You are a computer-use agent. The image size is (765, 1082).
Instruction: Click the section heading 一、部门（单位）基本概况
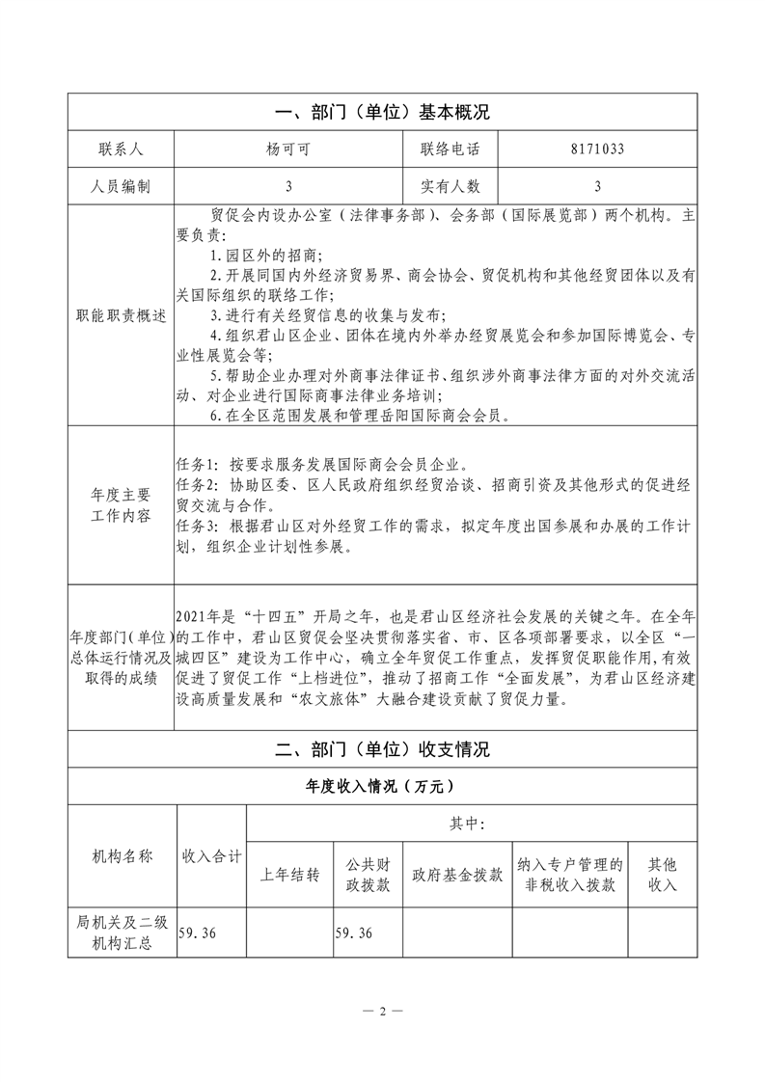tap(382, 112)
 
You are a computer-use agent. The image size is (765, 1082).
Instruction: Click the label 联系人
tap(120, 149)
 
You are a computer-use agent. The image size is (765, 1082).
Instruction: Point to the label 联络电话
tap(450, 149)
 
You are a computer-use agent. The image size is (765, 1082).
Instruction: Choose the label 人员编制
tap(120, 186)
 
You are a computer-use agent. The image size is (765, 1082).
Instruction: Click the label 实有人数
tap(450, 186)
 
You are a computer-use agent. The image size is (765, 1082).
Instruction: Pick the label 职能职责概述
tap(120, 315)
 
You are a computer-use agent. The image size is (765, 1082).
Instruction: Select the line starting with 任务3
tap(434, 526)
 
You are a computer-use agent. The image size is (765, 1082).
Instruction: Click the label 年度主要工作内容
tap(120, 504)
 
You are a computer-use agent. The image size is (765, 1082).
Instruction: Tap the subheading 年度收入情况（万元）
tap(382, 787)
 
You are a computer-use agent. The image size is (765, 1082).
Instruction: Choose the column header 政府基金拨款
tap(456, 875)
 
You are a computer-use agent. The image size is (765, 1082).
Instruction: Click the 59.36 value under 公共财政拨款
tap(353, 933)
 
